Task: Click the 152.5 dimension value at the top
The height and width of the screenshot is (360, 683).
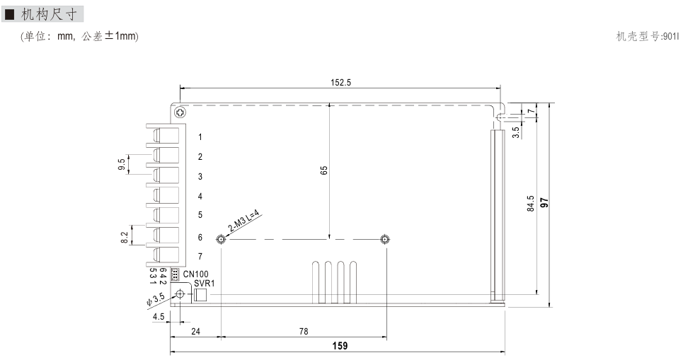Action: tap(340, 82)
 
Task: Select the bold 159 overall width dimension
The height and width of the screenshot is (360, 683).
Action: tap(340, 346)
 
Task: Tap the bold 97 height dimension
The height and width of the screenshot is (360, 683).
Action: tap(544, 202)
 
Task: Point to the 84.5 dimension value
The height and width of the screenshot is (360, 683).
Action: tap(530, 204)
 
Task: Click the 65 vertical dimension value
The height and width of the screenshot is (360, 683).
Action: tap(323, 170)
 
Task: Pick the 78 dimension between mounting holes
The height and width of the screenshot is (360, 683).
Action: tap(304, 331)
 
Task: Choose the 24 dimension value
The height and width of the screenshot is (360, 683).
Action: tap(195, 331)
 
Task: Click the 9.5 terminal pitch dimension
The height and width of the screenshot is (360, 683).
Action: tap(122, 164)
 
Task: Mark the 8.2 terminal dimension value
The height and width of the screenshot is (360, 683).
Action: tap(125, 237)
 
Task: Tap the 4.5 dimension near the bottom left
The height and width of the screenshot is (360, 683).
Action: tap(159, 316)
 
